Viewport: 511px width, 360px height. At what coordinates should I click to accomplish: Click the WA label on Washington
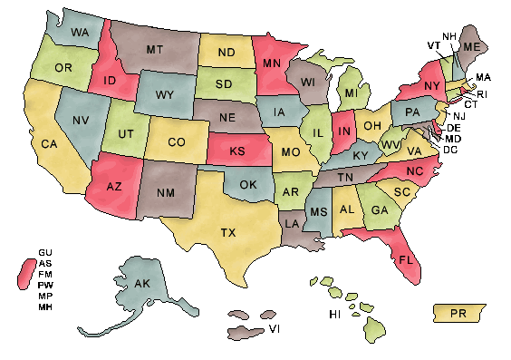click(x=79, y=32)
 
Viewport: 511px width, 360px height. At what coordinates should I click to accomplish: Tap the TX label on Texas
click(x=228, y=233)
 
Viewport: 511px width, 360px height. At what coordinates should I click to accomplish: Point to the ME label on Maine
click(x=472, y=46)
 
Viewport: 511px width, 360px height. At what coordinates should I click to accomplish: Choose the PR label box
click(x=458, y=313)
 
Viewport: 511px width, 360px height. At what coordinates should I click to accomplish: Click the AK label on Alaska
click(x=141, y=284)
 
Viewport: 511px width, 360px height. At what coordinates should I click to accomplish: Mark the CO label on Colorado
click(x=176, y=141)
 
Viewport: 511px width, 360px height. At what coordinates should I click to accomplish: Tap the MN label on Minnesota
click(x=272, y=63)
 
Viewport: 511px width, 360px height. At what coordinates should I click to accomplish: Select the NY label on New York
click(x=431, y=86)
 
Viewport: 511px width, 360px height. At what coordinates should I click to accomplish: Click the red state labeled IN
click(x=344, y=132)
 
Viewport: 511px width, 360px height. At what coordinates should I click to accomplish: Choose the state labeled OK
click(x=249, y=185)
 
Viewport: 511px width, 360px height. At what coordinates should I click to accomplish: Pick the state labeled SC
click(x=401, y=192)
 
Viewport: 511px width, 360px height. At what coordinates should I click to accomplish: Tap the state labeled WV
click(x=390, y=144)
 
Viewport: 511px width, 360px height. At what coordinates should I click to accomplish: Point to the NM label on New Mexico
click(x=166, y=192)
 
